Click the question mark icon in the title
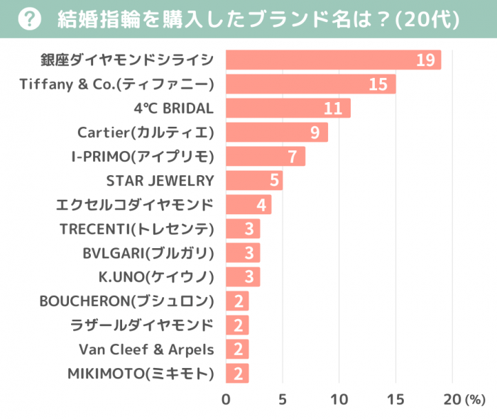(27, 19)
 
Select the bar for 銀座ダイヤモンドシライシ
(333, 60)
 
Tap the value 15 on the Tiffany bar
(378, 84)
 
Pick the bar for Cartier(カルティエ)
(277, 133)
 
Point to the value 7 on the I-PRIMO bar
(292, 157)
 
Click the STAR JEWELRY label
(160, 180)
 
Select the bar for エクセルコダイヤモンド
(248, 205)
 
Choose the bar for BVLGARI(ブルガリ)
(243, 253)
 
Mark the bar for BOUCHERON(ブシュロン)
(237, 301)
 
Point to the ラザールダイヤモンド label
(142, 325)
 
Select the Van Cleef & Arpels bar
(237, 350)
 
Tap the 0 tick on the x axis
(226, 398)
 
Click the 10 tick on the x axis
(339, 398)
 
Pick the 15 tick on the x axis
(395, 398)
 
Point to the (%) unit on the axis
(474, 399)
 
